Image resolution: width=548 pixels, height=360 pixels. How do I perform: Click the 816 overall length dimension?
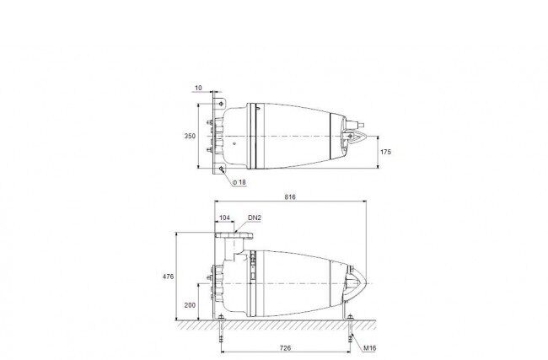290,197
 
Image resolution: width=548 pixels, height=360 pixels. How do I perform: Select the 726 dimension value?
285,348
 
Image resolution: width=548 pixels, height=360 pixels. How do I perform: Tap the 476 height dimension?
168,277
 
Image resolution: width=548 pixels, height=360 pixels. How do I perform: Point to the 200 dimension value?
190,305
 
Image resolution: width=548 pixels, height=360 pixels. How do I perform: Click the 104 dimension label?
224,218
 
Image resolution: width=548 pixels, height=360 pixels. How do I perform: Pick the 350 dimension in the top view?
190,136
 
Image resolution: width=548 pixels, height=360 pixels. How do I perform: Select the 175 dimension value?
385,152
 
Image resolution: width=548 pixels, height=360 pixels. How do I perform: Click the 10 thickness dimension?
198,88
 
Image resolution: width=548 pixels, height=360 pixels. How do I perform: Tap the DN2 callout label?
255,218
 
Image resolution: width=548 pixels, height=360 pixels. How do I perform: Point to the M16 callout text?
369,348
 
